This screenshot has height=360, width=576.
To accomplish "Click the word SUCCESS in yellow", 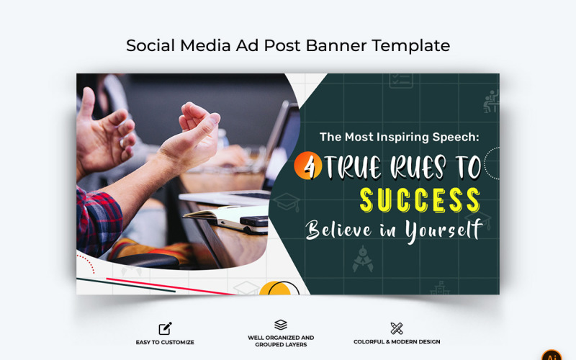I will click(x=420, y=199).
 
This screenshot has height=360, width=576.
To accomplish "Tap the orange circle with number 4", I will click(x=309, y=168).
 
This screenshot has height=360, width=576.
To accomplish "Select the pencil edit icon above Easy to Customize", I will click(x=165, y=328).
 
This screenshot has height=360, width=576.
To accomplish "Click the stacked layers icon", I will click(x=281, y=325).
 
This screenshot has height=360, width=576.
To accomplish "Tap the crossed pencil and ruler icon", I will click(x=397, y=328).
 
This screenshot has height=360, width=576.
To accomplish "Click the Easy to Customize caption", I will click(x=165, y=342).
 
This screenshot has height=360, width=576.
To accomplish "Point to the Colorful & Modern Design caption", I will click(x=397, y=342).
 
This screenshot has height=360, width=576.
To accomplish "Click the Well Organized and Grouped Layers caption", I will click(x=281, y=341).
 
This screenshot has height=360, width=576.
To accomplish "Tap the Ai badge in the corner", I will click(x=552, y=355).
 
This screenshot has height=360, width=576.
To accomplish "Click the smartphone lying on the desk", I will click(x=253, y=220).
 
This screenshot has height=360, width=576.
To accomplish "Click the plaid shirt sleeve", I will click(x=98, y=220).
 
